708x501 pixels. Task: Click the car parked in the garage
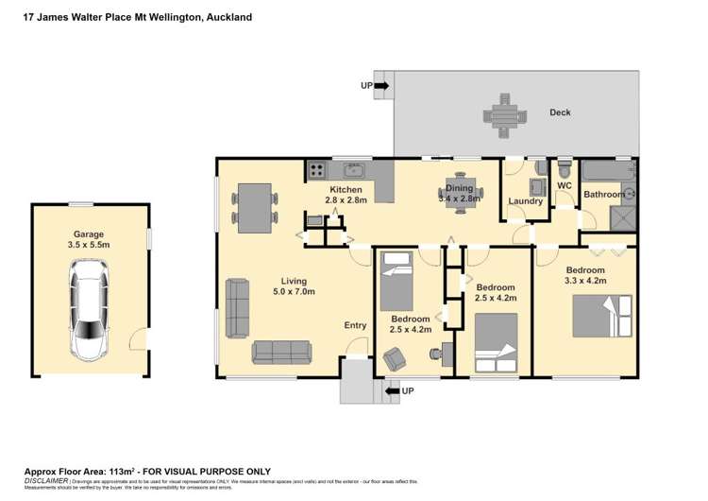89,312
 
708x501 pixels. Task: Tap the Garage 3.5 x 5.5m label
89,239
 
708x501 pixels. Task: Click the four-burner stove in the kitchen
317,171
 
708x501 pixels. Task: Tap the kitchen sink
355,170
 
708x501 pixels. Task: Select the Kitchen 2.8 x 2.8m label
345,196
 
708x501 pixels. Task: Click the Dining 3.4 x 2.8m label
460,194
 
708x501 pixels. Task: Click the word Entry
355,326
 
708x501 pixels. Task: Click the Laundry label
525,201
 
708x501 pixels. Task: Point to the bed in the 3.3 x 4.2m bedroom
601,316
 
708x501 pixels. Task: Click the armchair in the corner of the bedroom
393,360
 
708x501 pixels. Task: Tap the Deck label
560,113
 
